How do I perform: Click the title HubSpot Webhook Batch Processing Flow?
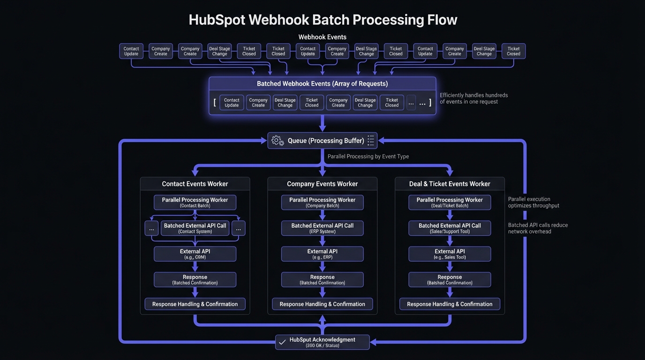point(322,20)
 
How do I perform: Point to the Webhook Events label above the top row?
point(322,37)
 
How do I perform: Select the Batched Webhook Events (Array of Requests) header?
point(322,84)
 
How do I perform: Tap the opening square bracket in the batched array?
point(215,102)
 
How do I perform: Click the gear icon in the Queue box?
point(277,140)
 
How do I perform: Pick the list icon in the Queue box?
point(371,140)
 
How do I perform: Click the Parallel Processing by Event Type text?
point(368,157)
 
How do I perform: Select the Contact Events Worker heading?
point(195,184)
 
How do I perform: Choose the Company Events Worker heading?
point(322,184)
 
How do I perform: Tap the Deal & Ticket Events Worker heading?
point(450,184)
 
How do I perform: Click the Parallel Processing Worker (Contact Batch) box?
point(195,202)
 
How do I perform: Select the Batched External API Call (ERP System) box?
point(322,228)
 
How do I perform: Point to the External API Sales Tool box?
point(450,254)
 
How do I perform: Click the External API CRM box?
point(195,254)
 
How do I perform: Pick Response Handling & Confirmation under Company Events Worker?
point(322,304)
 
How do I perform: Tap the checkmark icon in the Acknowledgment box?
point(282,342)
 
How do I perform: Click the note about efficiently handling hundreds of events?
point(473,98)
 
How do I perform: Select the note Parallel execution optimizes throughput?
point(533,202)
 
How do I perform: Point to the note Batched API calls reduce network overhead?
point(538,228)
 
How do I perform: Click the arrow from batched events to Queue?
point(322,123)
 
